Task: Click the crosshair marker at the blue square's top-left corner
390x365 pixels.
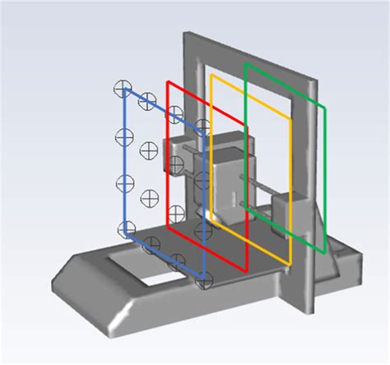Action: pyautogui.click(x=123, y=86)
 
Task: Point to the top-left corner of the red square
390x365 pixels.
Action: pyautogui.click(x=168, y=82)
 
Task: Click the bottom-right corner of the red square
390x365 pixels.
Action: pyautogui.click(x=246, y=269)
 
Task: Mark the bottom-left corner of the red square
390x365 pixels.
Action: pyautogui.click(x=168, y=222)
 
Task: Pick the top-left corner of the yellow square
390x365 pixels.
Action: pyautogui.click(x=212, y=76)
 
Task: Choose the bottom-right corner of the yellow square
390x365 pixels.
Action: pyautogui.click(x=290, y=265)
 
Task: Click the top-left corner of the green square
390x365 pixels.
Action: pyautogui.click(x=246, y=63)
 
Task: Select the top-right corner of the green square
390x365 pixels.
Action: pyautogui.click(x=325, y=107)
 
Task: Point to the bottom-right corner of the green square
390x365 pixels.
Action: pyautogui.click(x=325, y=252)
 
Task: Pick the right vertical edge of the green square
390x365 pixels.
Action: pyautogui.click(x=325, y=181)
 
